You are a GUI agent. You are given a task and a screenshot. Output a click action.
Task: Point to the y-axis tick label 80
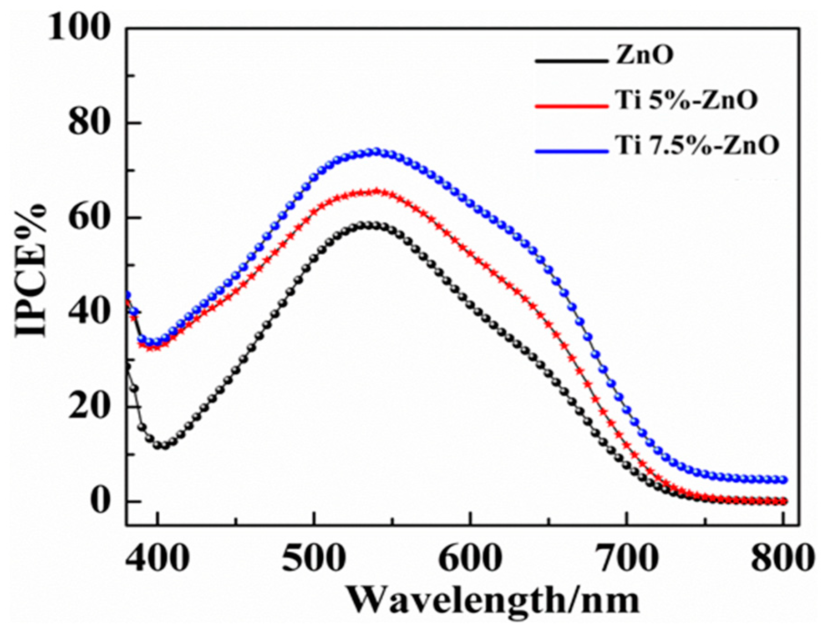click(x=90, y=123)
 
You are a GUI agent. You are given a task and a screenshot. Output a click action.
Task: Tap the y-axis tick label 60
click(x=90, y=217)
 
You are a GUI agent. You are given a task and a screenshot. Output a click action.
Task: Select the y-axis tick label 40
click(x=90, y=312)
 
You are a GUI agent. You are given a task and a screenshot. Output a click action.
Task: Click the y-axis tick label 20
click(x=90, y=407)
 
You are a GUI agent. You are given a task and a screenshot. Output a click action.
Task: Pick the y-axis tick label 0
click(x=100, y=501)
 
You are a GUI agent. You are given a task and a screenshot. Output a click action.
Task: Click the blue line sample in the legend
click(x=571, y=151)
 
